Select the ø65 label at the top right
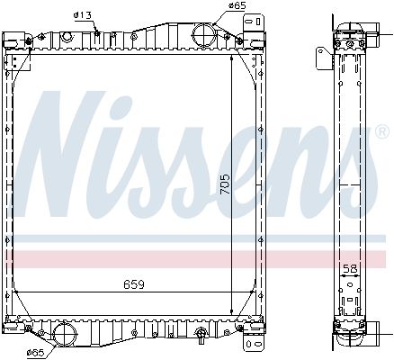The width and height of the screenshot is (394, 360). tap(237, 6)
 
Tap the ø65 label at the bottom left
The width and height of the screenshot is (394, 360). tap(36, 351)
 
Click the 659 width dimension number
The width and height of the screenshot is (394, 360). tap(134, 286)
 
